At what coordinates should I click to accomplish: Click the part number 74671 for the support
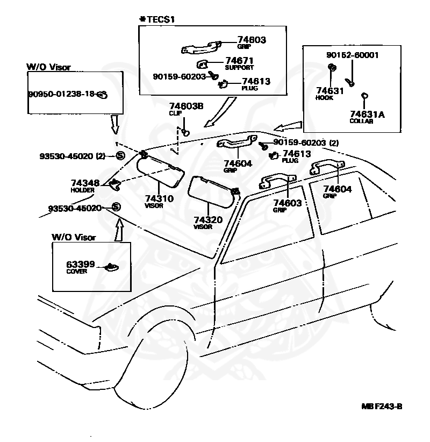[239, 61]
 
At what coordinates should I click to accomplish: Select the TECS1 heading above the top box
[157, 19]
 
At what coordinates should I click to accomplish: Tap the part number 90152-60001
[352, 55]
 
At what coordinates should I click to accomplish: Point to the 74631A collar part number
[367, 114]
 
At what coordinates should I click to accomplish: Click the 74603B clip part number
[186, 106]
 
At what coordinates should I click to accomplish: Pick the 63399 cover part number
[80, 265]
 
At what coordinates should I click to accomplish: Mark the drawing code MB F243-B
[382, 406]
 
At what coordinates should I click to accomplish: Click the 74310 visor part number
[159, 198]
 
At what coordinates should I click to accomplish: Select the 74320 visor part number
[208, 219]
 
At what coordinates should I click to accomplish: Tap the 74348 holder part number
[85, 183]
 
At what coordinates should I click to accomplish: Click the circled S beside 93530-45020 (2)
[120, 155]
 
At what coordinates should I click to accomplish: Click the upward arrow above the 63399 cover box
[119, 230]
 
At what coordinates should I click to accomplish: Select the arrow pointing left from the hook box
[288, 126]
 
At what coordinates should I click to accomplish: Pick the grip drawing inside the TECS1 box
[201, 47]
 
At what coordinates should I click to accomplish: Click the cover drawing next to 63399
[111, 267]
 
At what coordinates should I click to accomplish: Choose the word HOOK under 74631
[324, 98]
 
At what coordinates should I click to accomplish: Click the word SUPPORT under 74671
[239, 68]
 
